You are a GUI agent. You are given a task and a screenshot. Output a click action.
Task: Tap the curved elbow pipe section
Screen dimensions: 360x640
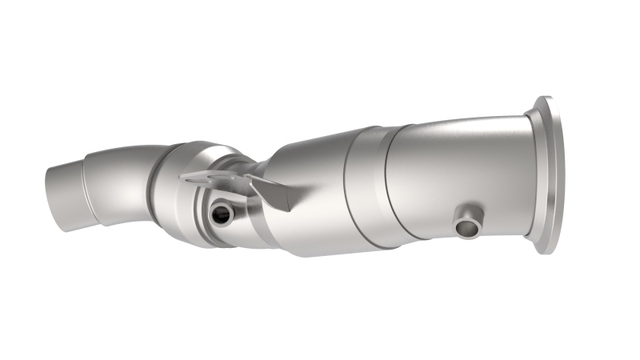(x=120, y=180)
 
